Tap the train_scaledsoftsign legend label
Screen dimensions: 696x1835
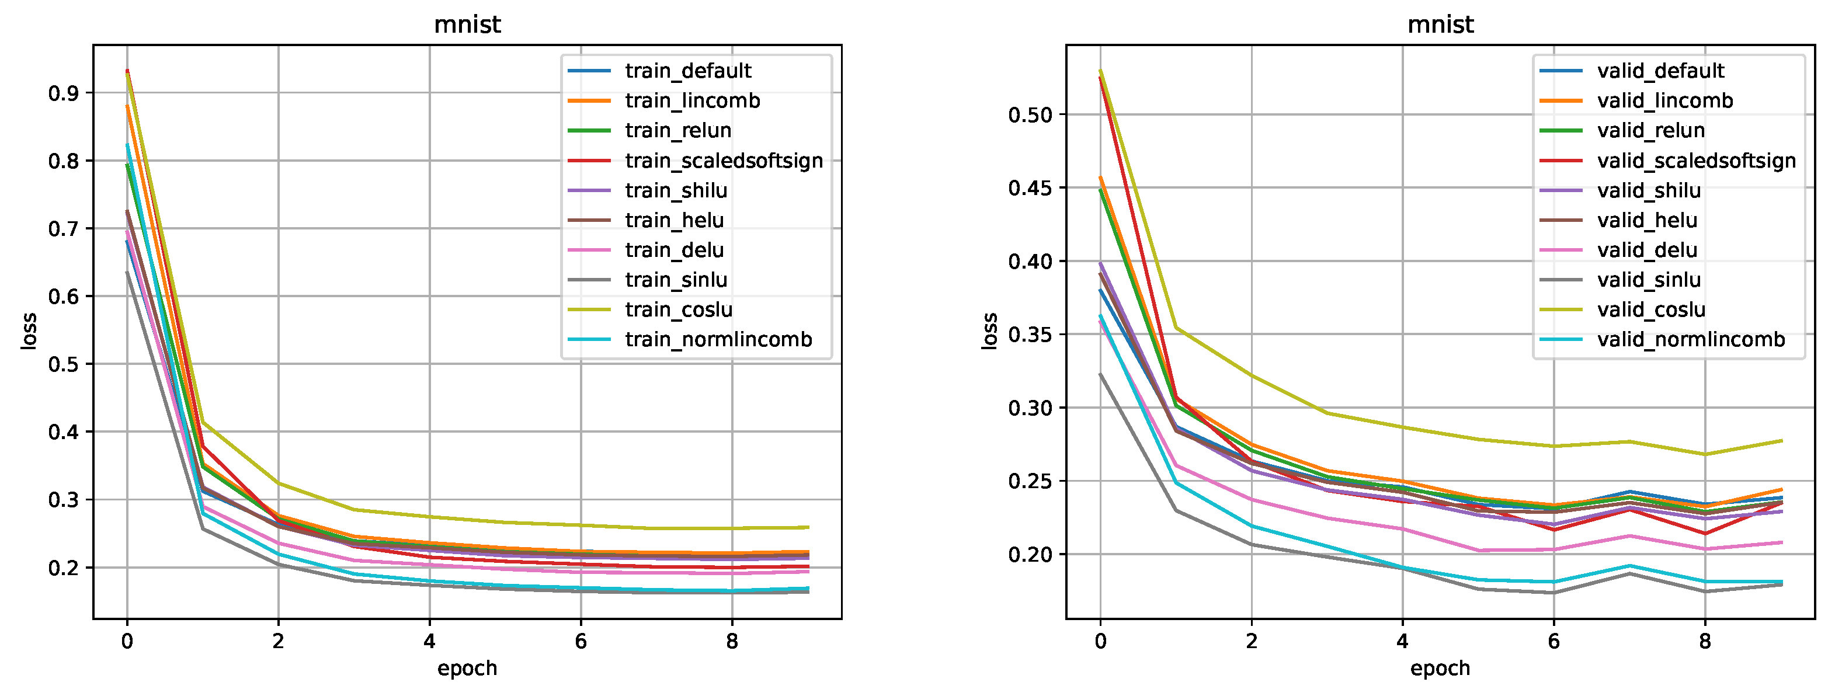pos(724,161)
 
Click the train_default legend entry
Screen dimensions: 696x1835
pos(688,71)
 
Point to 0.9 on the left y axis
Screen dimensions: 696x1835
pos(62,93)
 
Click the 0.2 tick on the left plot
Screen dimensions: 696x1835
pos(62,568)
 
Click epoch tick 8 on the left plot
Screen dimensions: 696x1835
pos(732,642)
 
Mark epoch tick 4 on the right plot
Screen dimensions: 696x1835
pos(1402,642)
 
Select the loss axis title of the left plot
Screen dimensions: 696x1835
pos(29,331)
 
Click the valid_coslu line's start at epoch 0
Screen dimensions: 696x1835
pos(1100,71)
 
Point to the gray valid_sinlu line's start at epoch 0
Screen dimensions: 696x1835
pos(1100,374)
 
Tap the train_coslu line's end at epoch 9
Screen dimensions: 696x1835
pos(808,527)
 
